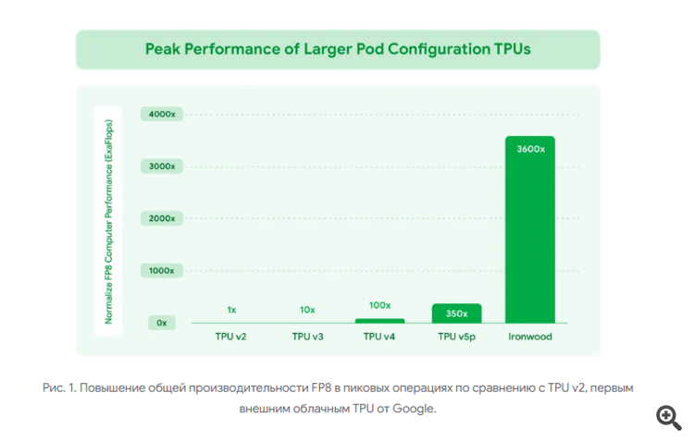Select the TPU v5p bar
tap(456, 313)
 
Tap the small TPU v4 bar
tap(380, 320)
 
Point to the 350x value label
tap(456, 313)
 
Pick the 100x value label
tap(380, 305)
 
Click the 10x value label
tap(307, 310)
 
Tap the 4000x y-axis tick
tap(163, 115)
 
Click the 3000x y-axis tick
tap(163, 166)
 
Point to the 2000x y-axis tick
tap(163, 218)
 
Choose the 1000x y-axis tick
tap(163, 270)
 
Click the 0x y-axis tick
tap(162, 322)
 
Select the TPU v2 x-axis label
tap(230, 337)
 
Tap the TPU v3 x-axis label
tap(307, 337)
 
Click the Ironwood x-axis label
tap(530, 337)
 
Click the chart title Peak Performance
tap(338, 49)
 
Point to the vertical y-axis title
tap(108, 221)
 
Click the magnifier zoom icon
tap(668, 417)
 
